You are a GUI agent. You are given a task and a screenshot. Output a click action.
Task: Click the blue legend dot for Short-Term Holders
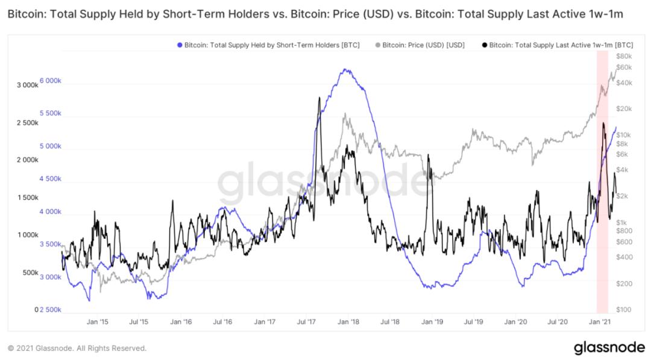point(180,45)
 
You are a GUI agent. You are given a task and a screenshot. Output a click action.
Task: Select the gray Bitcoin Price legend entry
point(420,45)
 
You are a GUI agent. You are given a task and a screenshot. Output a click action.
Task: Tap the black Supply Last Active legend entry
point(557,45)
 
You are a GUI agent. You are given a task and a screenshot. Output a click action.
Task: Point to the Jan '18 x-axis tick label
point(348,322)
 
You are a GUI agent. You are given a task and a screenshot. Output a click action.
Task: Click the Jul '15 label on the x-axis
point(139,322)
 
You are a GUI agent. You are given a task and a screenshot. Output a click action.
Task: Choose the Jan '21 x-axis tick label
point(600,322)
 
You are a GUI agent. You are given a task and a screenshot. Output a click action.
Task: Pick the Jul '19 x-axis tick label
point(473,322)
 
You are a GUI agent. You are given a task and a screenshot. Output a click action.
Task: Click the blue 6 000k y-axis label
point(50,81)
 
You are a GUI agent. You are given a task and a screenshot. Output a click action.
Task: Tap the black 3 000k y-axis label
point(27,85)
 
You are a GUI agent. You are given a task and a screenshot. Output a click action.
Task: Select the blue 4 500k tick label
point(50,178)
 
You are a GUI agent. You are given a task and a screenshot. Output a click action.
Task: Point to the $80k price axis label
point(624,56)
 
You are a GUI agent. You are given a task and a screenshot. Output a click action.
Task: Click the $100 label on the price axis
point(624,309)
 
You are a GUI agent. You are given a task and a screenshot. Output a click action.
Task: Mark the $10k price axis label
point(624,135)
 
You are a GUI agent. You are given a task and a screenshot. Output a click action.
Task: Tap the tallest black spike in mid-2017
point(319,98)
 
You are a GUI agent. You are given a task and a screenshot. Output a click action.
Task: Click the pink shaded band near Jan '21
point(602,182)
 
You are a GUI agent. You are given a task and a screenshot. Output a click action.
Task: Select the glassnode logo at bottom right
point(609,347)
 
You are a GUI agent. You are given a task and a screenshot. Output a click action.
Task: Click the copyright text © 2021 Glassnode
point(77,348)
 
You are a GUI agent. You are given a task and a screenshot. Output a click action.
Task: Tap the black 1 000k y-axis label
point(27,235)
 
